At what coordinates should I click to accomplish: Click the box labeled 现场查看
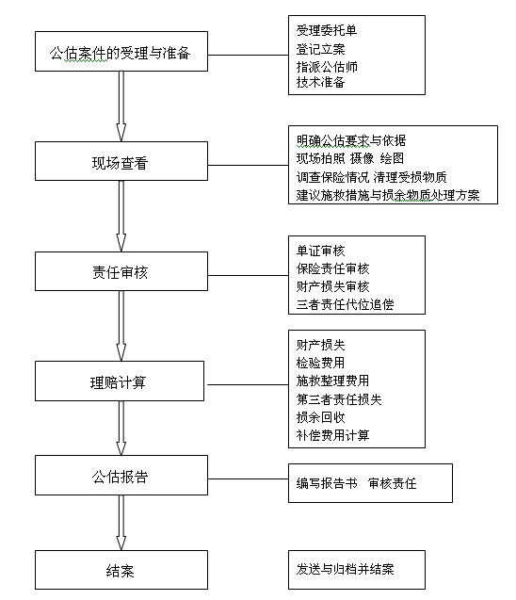pos(121,161)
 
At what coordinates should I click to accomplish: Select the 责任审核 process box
pos(121,271)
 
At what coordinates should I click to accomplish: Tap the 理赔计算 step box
pos(120,381)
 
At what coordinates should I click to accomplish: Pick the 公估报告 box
pos(121,476)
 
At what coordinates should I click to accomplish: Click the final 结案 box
pos(121,570)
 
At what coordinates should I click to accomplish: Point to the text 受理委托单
pos(327,30)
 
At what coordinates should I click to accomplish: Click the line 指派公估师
pos(327,67)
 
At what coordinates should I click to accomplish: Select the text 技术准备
pos(320,82)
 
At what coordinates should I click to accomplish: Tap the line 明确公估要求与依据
pos(351,141)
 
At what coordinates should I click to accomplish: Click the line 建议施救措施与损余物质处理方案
pos(388,195)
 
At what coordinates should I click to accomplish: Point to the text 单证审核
pos(320,251)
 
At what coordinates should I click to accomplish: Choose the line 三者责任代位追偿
pos(345,304)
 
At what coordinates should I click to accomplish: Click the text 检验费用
pos(320,363)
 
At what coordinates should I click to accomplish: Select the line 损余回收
pos(320,417)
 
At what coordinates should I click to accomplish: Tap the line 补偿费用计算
pos(332,435)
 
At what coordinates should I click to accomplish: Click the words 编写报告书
pos(327,483)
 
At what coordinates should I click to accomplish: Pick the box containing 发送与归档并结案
pos(357,570)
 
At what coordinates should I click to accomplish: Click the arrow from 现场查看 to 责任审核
pos(121,217)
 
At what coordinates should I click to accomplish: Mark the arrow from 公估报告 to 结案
pos(121,523)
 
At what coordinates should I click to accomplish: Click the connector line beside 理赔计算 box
pos(248,384)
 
